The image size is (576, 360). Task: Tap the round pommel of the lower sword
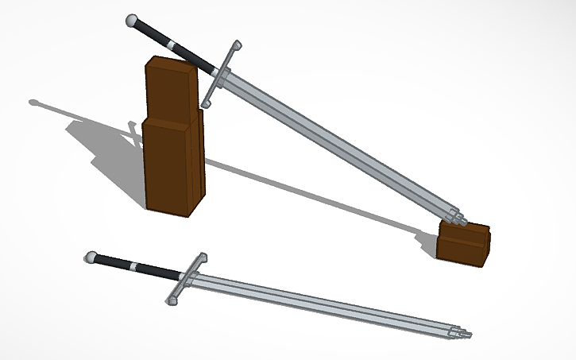[91, 257]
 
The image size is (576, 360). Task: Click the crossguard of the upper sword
[219, 74]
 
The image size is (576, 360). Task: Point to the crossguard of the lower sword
[187, 277]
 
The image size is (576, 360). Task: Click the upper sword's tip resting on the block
[456, 215]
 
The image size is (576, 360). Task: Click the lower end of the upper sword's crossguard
[206, 103]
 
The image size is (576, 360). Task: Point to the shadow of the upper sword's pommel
[34, 103]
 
